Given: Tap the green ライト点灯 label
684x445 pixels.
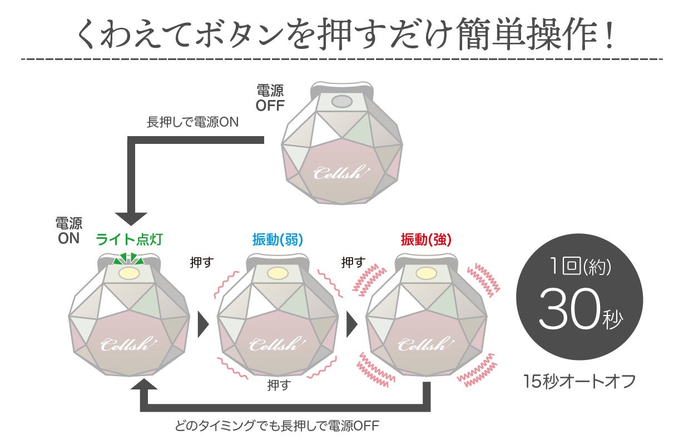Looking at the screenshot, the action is (x=130, y=240).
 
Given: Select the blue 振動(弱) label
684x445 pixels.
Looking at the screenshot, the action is (x=277, y=240).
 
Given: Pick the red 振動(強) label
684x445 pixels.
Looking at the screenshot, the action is (x=426, y=240).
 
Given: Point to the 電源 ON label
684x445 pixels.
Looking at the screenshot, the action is (x=69, y=231).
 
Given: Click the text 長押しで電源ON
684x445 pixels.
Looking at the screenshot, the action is (x=192, y=122).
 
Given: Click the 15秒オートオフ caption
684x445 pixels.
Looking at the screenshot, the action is (x=579, y=383).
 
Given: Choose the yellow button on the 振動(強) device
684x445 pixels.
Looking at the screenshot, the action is (x=426, y=273).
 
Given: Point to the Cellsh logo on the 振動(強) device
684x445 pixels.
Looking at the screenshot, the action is (x=425, y=344).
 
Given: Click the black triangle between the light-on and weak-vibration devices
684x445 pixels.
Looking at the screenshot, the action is (x=203, y=324).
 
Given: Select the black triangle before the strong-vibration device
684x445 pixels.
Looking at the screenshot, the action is (x=352, y=324).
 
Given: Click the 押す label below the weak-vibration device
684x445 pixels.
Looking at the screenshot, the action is (x=279, y=384).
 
